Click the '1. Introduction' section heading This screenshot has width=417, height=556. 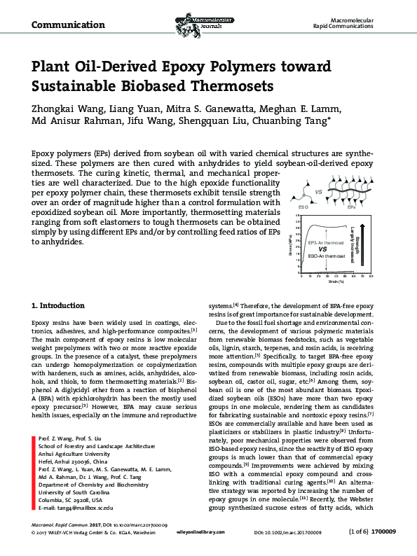tap(59, 306)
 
